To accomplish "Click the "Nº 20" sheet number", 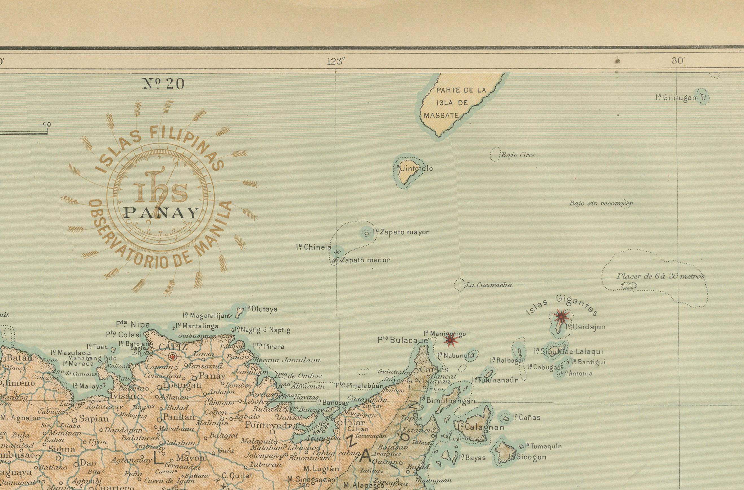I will tap(163, 84).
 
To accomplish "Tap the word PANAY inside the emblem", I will tap(161, 213).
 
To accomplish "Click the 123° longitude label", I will tap(336, 61).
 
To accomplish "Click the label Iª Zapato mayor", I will tap(401, 232).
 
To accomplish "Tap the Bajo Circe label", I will tap(518, 155).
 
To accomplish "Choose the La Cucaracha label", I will tap(489, 285).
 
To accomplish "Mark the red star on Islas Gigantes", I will tap(562, 317).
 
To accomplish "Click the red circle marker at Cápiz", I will tap(172, 357).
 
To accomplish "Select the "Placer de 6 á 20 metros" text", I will tap(660, 276).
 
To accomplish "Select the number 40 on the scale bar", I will tap(46, 124).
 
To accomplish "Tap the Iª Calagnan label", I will tap(481, 427).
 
